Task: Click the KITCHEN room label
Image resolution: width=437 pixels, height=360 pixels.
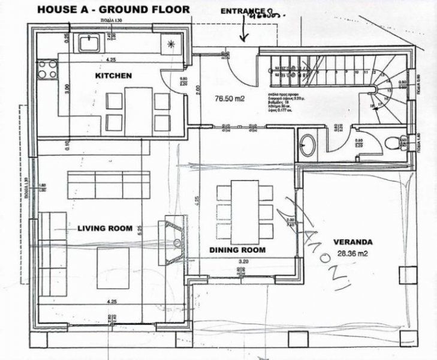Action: click(113, 76)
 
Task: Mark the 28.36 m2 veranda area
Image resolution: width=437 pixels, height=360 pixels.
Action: click(354, 253)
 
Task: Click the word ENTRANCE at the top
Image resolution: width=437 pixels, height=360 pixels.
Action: click(242, 11)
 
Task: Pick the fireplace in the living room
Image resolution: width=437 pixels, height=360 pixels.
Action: click(173, 238)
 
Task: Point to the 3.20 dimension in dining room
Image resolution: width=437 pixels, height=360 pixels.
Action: click(243, 262)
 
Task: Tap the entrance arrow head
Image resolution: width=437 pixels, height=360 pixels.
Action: click(243, 39)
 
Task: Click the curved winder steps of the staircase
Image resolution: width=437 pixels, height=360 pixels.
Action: click(381, 93)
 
